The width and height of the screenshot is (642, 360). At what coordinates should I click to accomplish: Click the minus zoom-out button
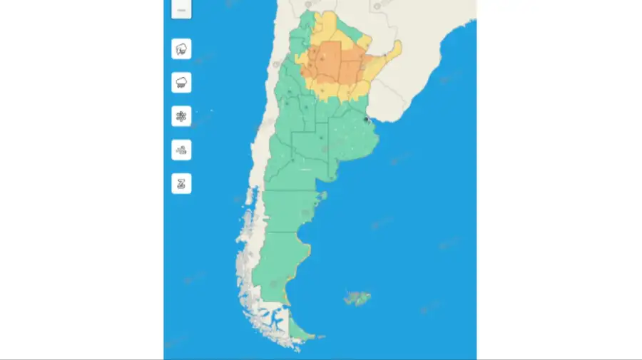[x=181, y=10]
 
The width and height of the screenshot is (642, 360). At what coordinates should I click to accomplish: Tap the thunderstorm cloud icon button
[x=181, y=49]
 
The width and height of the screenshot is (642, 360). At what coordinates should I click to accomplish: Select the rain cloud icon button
[x=181, y=82]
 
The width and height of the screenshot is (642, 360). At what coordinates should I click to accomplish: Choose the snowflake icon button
[x=181, y=115]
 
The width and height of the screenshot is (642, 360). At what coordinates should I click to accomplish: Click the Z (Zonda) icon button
[x=181, y=184]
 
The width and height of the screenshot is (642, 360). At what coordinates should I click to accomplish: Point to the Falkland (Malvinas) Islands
[x=357, y=297]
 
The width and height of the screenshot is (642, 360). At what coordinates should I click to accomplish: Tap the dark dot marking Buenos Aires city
[x=367, y=121]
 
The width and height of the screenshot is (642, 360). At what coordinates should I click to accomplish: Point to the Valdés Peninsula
[x=324, y=195]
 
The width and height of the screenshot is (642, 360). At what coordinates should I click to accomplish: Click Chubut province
[x=285, y=210]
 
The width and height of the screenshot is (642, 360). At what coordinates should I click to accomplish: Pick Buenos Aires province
[x=350, y=146]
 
